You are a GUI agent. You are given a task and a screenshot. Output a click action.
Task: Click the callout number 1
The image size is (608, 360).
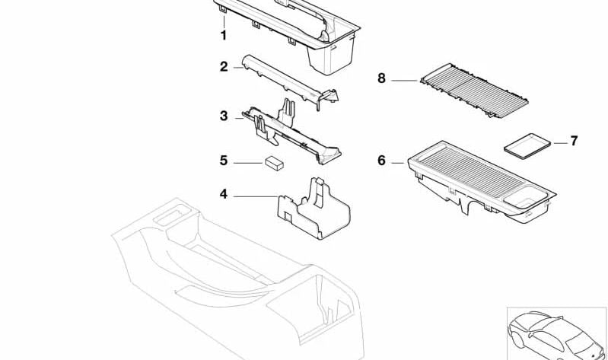click(224, 35)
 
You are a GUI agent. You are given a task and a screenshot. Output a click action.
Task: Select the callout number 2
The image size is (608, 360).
click(224, 67)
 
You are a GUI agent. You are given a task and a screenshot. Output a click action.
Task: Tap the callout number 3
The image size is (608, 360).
click(224, 116)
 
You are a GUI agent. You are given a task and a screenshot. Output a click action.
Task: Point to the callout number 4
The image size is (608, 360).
click(224, 195)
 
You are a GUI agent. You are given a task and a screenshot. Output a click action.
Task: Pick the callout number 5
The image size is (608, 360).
click(224, 161)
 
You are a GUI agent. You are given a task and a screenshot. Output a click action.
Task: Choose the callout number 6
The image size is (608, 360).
click(381, 161)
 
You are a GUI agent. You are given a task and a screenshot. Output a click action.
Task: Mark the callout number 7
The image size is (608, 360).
click(574, 141)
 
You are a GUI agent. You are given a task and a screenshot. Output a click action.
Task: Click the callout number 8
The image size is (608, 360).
click(381, 78)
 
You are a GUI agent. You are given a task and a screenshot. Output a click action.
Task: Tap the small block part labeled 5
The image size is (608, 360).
click(274, 163)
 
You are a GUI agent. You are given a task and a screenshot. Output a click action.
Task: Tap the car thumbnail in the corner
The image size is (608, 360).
click(556, 333)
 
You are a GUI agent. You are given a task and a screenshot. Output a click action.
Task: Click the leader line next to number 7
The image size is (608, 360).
click(559, 142)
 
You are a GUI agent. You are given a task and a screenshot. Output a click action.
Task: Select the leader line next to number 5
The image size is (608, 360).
click(247, 162)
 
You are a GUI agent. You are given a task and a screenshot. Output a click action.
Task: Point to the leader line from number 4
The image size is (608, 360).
click(255, 196)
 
